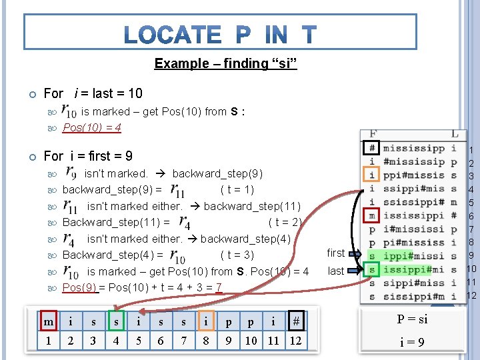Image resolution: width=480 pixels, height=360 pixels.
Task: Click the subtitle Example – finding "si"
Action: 225,63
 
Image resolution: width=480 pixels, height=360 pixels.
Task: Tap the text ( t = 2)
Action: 285,222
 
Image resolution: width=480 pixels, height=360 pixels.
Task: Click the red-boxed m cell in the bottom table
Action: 48,322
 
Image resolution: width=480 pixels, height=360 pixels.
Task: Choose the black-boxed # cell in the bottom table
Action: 295,322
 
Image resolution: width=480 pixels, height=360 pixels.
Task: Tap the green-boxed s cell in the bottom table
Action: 115,322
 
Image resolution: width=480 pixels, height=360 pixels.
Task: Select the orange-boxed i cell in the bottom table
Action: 205,322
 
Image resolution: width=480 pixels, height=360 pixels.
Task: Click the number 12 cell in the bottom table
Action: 295,341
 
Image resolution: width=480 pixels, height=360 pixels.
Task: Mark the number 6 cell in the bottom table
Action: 160,341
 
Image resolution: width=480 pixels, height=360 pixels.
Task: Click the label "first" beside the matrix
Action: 336,253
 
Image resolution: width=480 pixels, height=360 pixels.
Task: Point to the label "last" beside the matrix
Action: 336,271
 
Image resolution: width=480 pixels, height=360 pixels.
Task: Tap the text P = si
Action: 413,319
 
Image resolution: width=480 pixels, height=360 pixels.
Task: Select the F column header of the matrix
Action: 373,135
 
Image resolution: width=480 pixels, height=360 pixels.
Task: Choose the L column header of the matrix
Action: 455,135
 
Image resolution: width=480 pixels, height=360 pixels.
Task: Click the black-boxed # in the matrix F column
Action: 373,148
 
